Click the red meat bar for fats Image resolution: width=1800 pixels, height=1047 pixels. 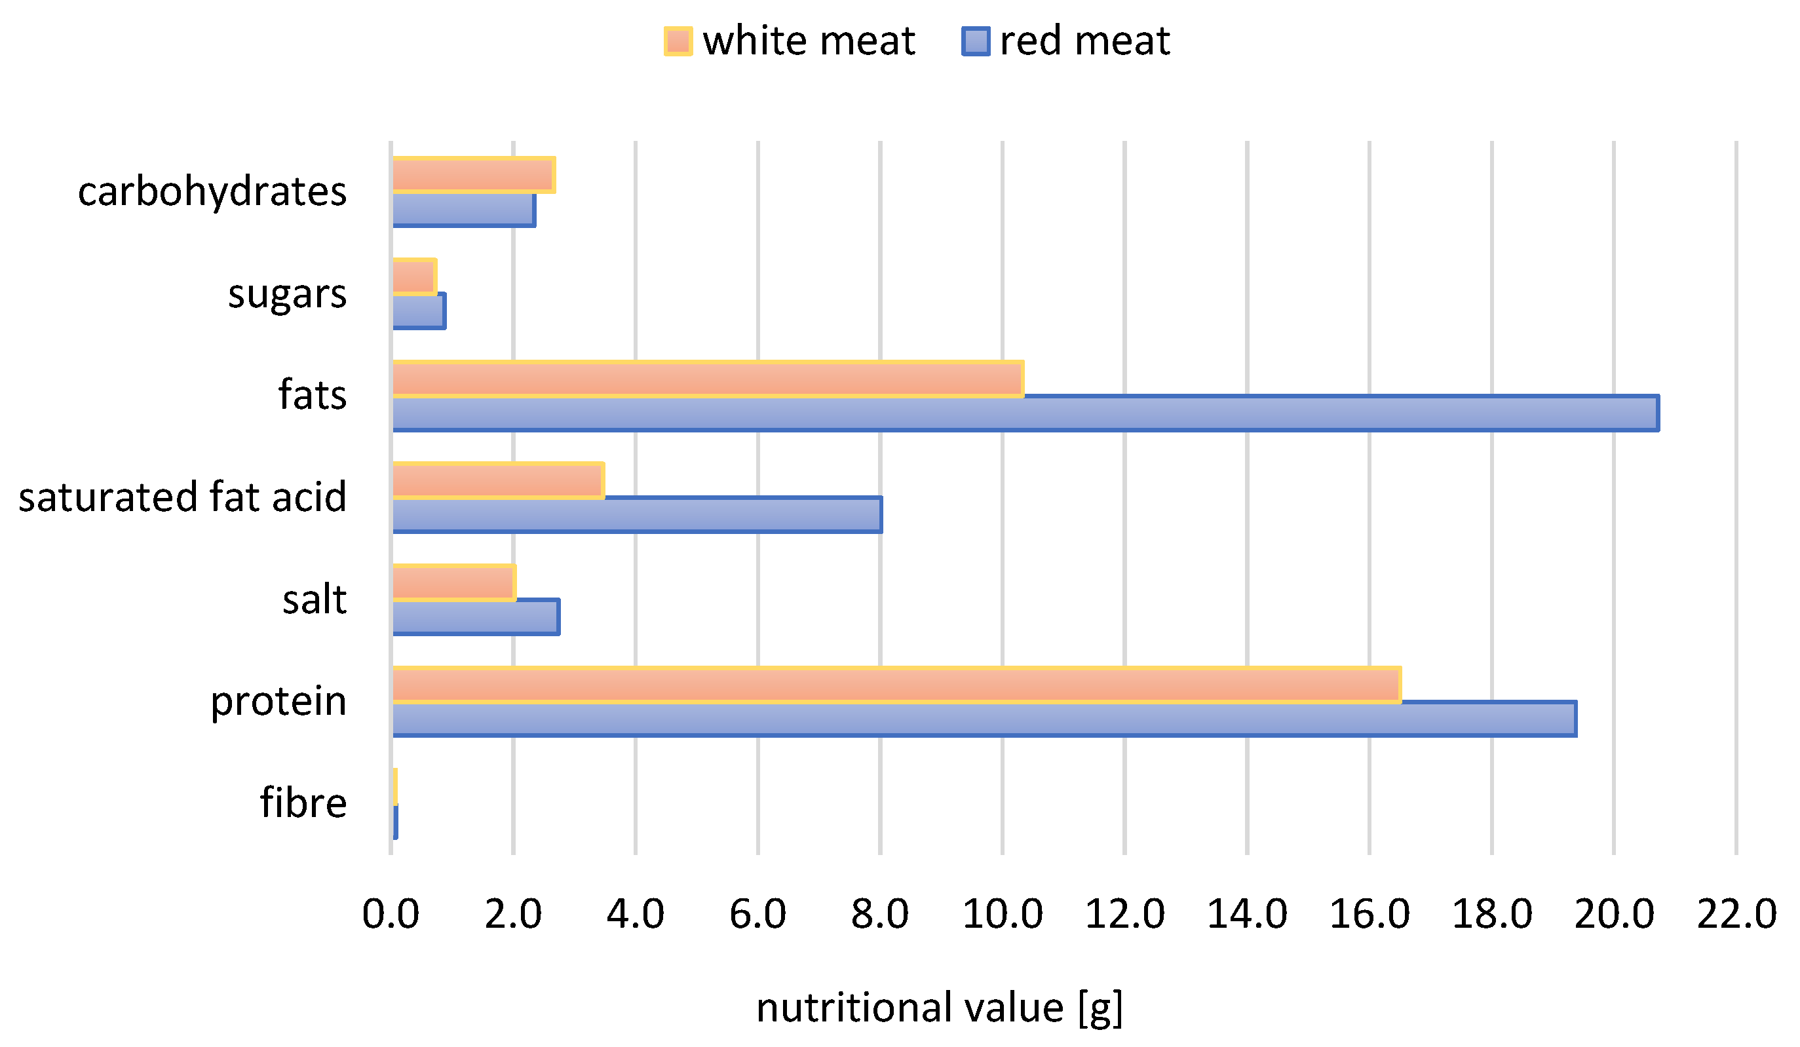pyautogui.click(x=1025, y=413)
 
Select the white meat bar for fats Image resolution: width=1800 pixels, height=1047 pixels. pyautogui.click(x=707, y=379)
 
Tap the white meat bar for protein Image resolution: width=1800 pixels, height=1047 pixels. pyautogui.click(x=896, y=685)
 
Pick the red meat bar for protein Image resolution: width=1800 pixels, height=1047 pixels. pyautogui.click(x=984, y=719)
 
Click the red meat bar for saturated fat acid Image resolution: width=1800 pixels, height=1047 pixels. pyautogui.click(x=636, y=515)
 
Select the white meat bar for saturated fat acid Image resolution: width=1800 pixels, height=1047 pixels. pyautogui.click(x=498, y=481)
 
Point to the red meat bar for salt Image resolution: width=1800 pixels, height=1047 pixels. pyautogui.click(x=475, y=617)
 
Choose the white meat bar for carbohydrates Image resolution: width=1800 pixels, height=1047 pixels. pyautogui.click(x=473, y=175)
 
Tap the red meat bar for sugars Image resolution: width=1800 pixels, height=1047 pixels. pyautogui.click(x=419, y=311)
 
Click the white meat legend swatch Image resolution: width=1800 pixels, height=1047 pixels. pyautogui.click(x=678, y=41)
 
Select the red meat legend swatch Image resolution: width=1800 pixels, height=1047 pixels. pyautogui.click(x=976, y=41)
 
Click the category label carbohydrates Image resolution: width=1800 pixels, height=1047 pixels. pyautogui.click(x=212, y=192)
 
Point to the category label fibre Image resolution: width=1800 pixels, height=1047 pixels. pyautogui.click(x=303, y=803)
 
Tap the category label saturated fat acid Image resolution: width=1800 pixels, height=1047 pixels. pyautogui.click(x=182, y=498)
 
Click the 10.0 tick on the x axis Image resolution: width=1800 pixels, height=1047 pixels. pyautogui.click(x=1002, y=914)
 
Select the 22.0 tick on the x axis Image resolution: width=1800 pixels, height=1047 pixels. pyautogui.click(x=1736, y=914)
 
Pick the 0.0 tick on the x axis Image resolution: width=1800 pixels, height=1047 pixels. pyautogui.click(x=390, y=914)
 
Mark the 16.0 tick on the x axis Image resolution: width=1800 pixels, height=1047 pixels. pyautogui.click(x=1369, y=914)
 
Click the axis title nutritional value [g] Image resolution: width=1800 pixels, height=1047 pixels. pyautogui.click(x=939, y=1008)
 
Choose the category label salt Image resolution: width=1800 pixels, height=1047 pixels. pyautogui.click(x=315, y=600)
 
